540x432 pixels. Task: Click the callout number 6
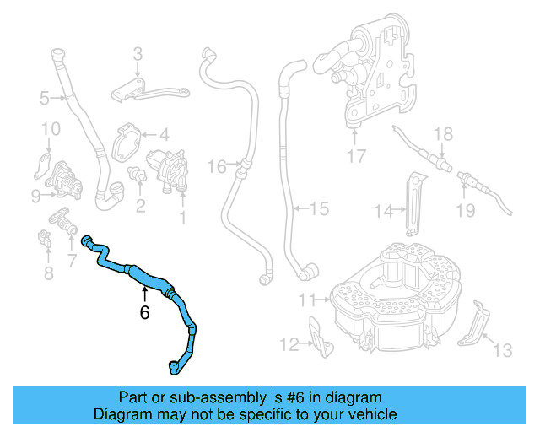[144, 312]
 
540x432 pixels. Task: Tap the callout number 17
[356, 155]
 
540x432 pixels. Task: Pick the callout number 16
[217, 167]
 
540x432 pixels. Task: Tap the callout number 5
[44, 99]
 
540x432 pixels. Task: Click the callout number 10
[51, 129]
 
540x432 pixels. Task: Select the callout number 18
[443, 134]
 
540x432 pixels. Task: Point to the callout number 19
[466, 210]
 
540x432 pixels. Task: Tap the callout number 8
[48, 273]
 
